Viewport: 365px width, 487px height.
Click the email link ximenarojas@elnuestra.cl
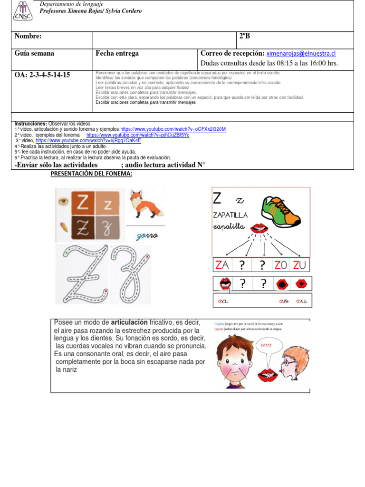301,53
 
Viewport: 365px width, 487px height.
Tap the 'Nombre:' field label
28,37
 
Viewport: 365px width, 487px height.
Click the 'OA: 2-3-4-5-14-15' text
42,75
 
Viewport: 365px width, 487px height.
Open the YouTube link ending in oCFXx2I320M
173,129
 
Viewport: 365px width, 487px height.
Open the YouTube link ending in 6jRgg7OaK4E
88,140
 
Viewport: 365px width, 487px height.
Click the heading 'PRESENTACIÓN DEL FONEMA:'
91,174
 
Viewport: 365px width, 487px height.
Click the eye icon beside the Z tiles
62,201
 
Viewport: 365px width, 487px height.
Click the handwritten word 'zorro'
146,236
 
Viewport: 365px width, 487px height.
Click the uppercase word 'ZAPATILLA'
233,215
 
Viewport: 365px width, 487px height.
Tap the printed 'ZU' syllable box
300,265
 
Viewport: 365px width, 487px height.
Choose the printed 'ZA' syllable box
222,265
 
